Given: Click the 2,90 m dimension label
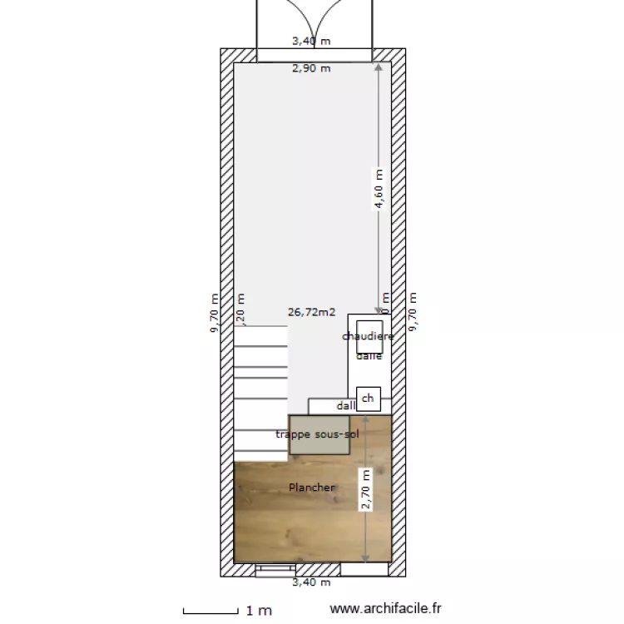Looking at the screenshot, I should (310, 68).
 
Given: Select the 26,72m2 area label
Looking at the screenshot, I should (311, 313).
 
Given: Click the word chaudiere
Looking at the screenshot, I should (368, 336).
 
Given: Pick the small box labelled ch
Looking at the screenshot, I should (368, 399).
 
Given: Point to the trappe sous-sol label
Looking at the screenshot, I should (318, 434).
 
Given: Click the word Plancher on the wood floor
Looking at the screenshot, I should (312, 487).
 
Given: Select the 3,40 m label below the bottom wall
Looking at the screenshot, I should (310, 582).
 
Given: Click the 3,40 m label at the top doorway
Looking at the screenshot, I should (310, 40).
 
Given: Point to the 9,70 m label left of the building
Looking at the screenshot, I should (215, 313).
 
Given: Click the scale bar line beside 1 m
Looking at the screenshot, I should (211, 610).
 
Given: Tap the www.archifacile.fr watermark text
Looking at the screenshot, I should (386, 610).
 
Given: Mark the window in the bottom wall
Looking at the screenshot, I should (272, 570).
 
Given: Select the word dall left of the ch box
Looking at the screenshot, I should (345, 406).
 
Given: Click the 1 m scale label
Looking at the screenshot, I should (259, 610).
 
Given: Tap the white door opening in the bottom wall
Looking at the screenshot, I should (364, 570).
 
